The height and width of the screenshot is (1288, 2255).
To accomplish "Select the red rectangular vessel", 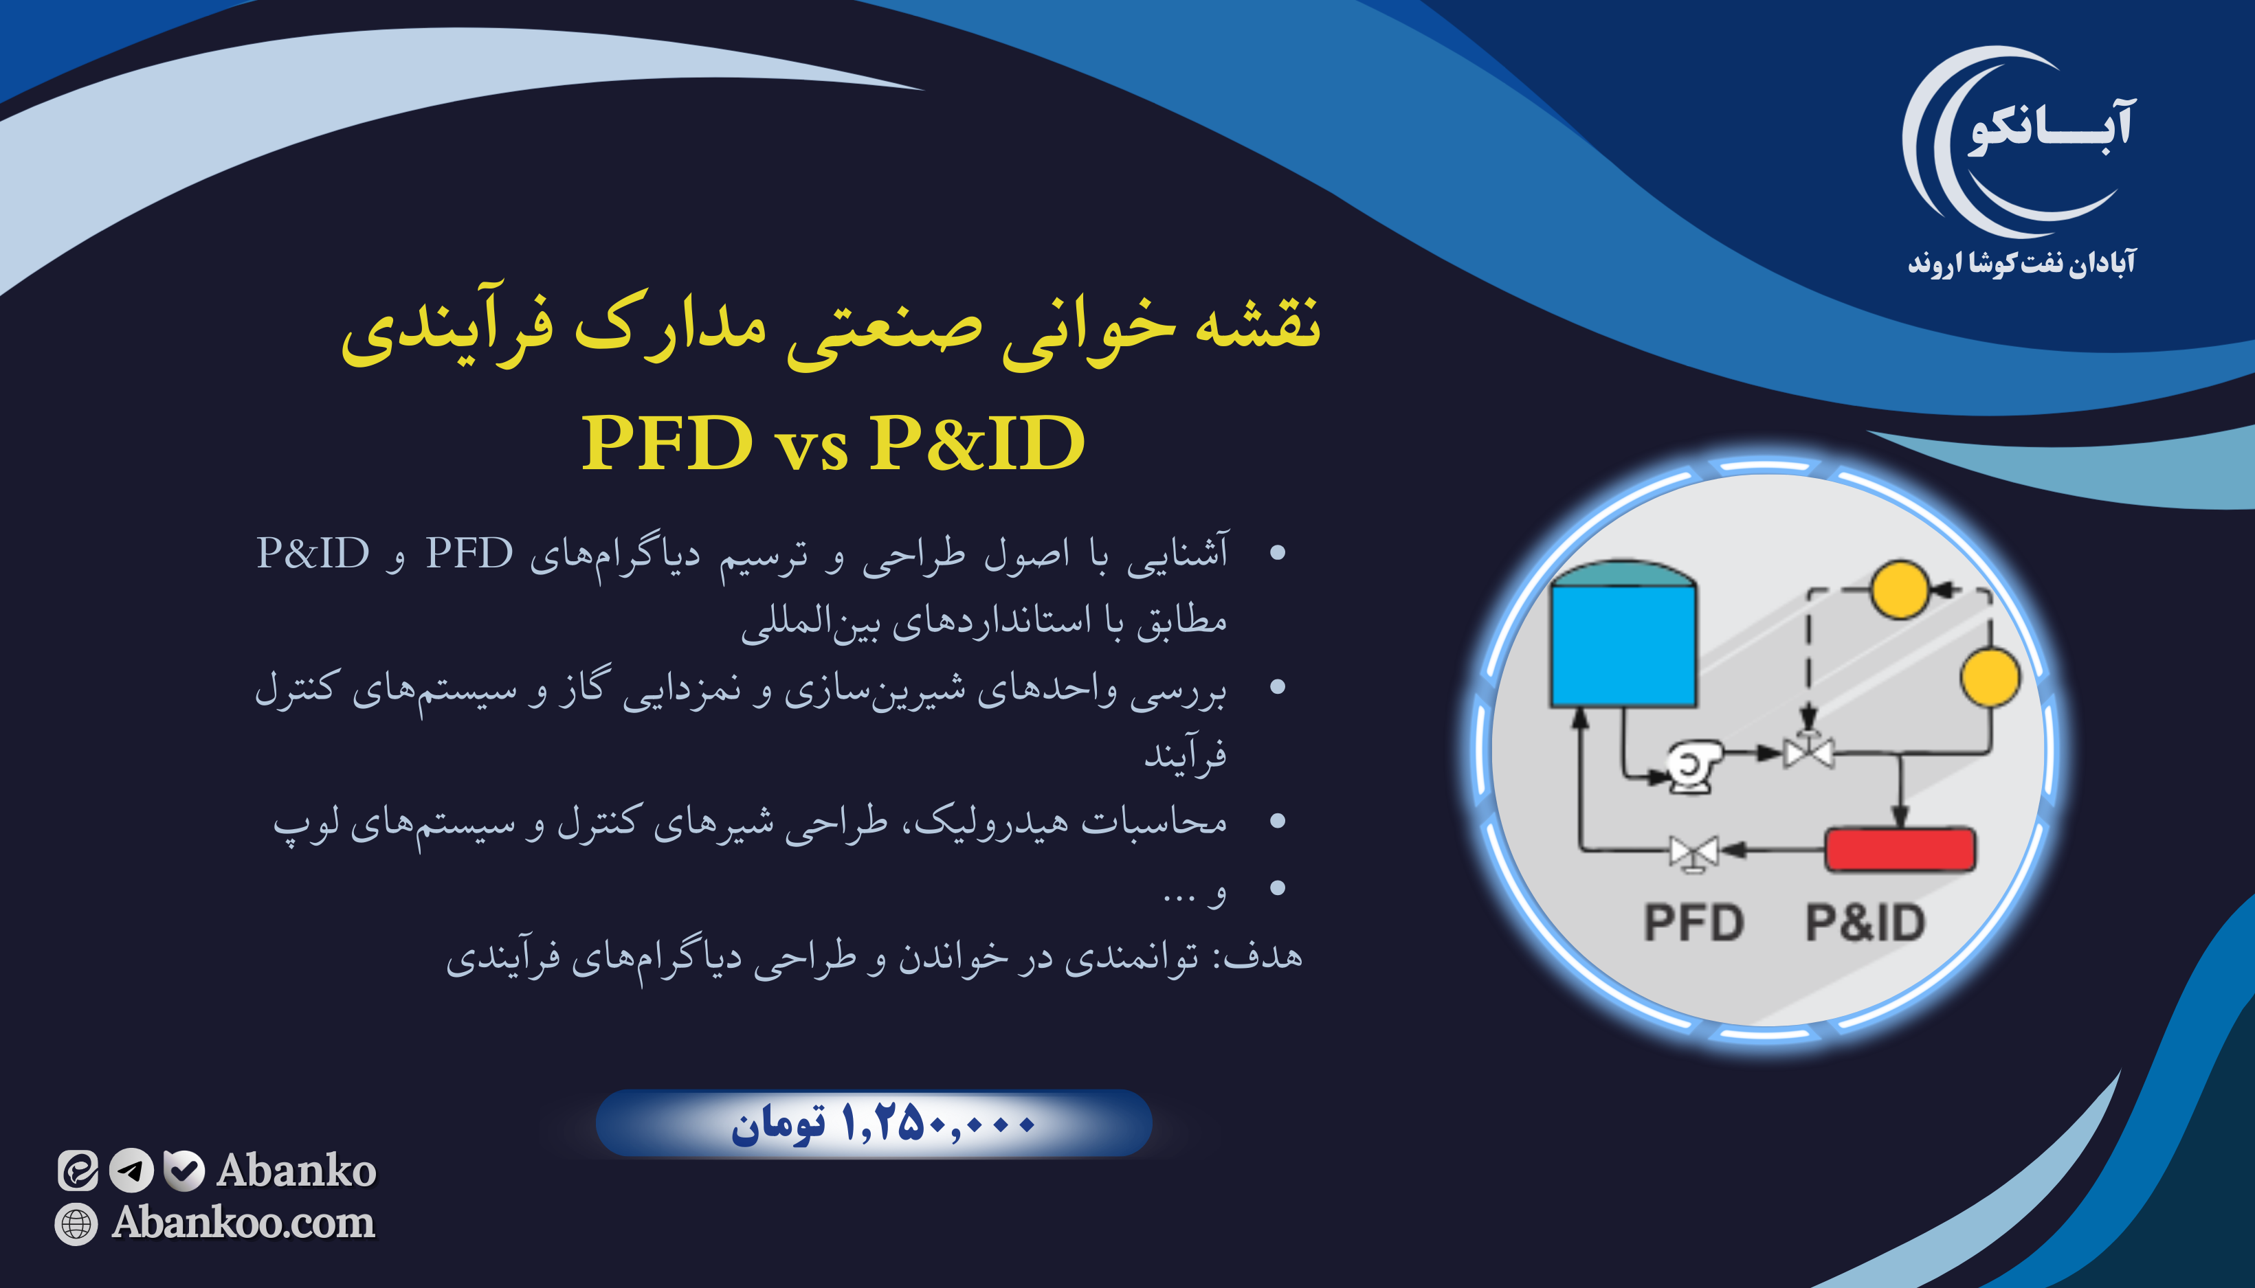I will pyautogui.click(x=1899, y=849).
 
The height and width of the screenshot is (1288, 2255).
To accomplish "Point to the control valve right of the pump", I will pyautogui.click(x=1808, y=753).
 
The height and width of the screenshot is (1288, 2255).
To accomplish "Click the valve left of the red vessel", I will pyautogui.click(x=1693, y=852).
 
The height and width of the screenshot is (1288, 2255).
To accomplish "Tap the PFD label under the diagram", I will pyautogui.click(x=1693, y=923).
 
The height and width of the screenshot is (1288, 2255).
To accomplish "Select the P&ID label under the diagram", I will pyautogui.click(x=1865, y=923).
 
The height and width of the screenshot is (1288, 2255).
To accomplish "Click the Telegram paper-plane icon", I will pyautogui.click(x=131, y=1171).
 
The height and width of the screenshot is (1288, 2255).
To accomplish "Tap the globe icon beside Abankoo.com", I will pyautogui.click(x=76, y=1223).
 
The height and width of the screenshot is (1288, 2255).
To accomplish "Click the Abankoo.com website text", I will pyautogui.click(x=243, y=1223).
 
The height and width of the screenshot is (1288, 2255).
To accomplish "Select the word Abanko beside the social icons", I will pyautogui.click(x=296, y=1171).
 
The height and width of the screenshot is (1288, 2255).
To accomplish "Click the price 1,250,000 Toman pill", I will pyautogui.click(x=874, y=1123).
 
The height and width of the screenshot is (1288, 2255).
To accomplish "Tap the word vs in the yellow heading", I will pyautogui.click(x=811, y=448).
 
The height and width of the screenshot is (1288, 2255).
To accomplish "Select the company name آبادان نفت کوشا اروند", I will pyautogui.click(x=2021, y=262).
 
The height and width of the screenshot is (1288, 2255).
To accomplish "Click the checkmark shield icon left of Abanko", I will pyautogui.click(x=184, y=1171).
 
